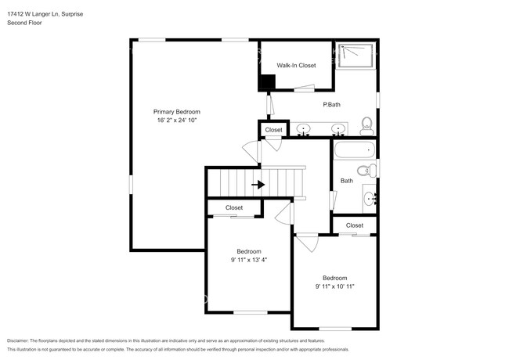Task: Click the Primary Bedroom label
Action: point(176,112)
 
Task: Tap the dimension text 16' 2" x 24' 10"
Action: point(176,121)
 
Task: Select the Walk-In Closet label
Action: point(297,66)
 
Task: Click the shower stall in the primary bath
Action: point(356,54)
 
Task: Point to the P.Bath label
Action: point(331,104)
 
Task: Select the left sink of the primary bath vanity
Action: point(303,128)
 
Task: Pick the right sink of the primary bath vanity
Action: point(338,128)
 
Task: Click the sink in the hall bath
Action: point(371,199)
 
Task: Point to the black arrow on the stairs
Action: point(258,185)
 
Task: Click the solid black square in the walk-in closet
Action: point(267,81)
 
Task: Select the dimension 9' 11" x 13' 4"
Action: point(248,260)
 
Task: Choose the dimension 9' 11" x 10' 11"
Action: point(334,286)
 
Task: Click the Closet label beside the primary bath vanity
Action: point(273,130)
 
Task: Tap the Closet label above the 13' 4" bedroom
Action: point(234,207)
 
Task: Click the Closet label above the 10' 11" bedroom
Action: point(355,225)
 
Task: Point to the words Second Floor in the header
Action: point(25,23)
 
